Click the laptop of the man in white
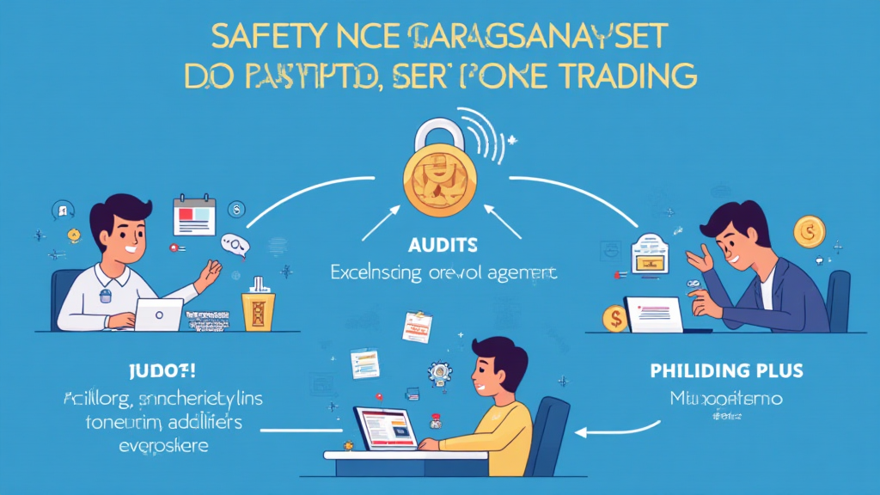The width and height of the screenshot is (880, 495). point(159,315)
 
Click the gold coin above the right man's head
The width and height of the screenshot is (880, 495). point(809,229)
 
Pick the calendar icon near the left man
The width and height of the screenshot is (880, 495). point(194,216)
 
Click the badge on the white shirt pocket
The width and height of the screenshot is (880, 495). point(106,295)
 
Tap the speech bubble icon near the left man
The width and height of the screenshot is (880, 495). point(232,247)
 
